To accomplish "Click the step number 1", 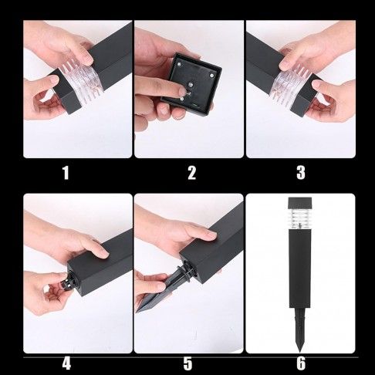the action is pos(66,173).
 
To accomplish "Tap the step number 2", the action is pos(191,173).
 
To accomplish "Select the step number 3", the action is pos(301,173).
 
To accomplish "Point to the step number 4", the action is pos(66,363).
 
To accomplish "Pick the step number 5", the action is pos(187,363).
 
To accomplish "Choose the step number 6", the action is pos(301,363).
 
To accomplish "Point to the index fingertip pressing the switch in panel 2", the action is pos(181,90).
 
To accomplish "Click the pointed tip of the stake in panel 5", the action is pos(137,312).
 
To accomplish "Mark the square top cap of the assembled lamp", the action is pos(299,203).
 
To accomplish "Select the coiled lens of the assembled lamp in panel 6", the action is pos(299,218).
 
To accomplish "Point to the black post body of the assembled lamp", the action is pos(300,269).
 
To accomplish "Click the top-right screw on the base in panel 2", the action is pos(212,76).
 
